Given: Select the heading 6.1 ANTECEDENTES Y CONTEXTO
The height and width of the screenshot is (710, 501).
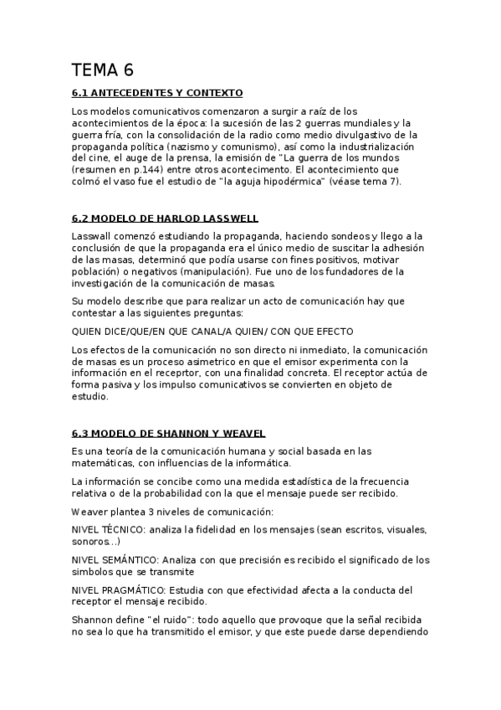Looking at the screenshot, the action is (157, 93).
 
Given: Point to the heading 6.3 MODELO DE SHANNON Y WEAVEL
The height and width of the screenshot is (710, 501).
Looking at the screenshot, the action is (169, 433).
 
